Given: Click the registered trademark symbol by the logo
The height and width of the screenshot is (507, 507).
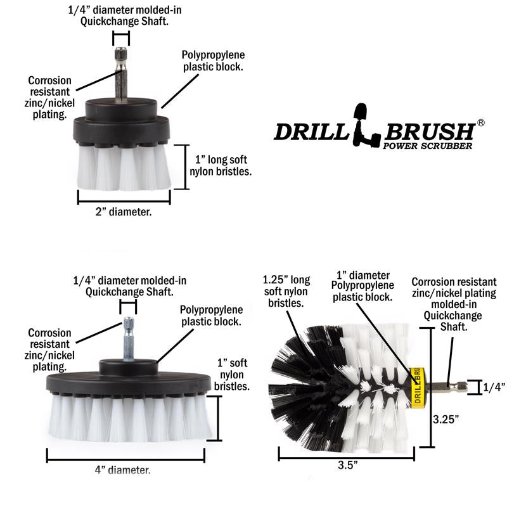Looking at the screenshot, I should [480, 123].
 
